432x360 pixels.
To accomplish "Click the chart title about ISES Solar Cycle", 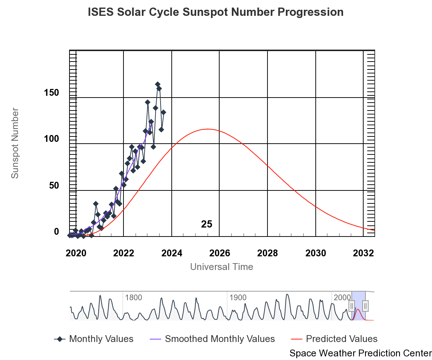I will point(216,12).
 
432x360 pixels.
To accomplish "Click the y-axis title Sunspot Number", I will point(15,143).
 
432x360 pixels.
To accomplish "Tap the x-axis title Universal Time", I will point(221,267).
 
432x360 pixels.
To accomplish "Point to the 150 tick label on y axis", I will point(51,93).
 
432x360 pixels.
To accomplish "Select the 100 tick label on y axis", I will point(51,139).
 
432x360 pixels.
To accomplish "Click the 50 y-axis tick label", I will point(54,185).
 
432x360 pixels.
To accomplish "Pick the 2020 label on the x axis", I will point(76,253).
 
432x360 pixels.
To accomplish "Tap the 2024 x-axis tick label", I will point(172,253).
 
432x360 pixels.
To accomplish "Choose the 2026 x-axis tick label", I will point(220,253).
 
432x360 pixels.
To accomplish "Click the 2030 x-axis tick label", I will point(316,253).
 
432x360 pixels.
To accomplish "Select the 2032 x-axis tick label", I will point(364,253).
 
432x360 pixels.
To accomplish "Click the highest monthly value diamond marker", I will point(157,84).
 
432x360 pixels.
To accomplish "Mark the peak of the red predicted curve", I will point(208,129).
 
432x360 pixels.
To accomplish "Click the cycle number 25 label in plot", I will point(207,224).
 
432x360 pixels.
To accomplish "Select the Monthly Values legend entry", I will point(94,339).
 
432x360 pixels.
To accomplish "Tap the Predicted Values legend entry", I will point(334,339).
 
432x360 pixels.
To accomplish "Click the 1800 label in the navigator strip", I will point(134,298).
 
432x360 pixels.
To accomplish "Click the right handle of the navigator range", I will point(365,306).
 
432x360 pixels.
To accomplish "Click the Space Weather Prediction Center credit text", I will point(360,353).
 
